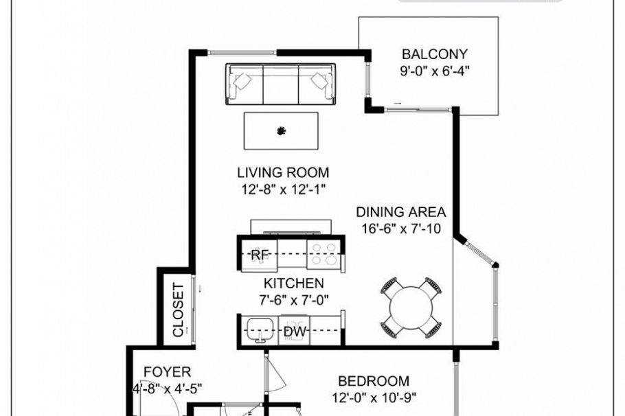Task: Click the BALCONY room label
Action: click(435, 54)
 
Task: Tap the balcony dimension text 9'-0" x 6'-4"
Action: click(435, 71)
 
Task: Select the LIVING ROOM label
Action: click(283, 172)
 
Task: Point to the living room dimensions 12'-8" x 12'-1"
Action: click(283, 189)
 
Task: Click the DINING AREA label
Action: click(401, 212)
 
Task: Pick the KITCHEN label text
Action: click(293, 283)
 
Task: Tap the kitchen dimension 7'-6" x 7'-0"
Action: click(293, 299)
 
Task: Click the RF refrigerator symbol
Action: click(260, 255)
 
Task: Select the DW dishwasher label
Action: click(295, 332)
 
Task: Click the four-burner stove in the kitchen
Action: click(322, 254)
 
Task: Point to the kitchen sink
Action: click(260, 328)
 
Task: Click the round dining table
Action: click(410, 307)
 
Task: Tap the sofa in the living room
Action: click(280, 84)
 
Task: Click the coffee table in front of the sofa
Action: click(281, 130)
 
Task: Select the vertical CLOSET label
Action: click(178, 310)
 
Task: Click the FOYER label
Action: click(167, 372)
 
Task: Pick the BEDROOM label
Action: click(374, 380)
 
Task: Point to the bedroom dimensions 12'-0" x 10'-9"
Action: click(374, 397)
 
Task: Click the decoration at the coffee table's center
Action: click(281, 131)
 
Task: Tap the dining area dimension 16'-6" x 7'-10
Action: click(401, 229)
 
